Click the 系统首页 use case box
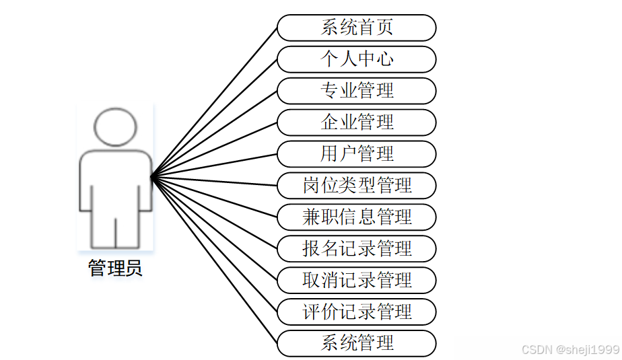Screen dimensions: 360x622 tap(357, 28)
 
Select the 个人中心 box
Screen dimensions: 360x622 tap(357, 59)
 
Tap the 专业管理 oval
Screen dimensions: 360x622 tap(357, 91)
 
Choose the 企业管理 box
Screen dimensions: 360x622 tap(357, 122)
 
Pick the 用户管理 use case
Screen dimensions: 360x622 tap(357, 154)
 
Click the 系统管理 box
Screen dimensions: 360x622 tap(357, 343)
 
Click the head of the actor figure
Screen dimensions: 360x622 tap(116, 127)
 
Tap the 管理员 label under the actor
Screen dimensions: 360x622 tap(116, 269)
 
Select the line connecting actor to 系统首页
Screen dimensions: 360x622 tap(214, 102)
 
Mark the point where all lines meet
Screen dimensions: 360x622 tap(151, 177)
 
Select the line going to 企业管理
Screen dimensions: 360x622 tap(214, 150)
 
